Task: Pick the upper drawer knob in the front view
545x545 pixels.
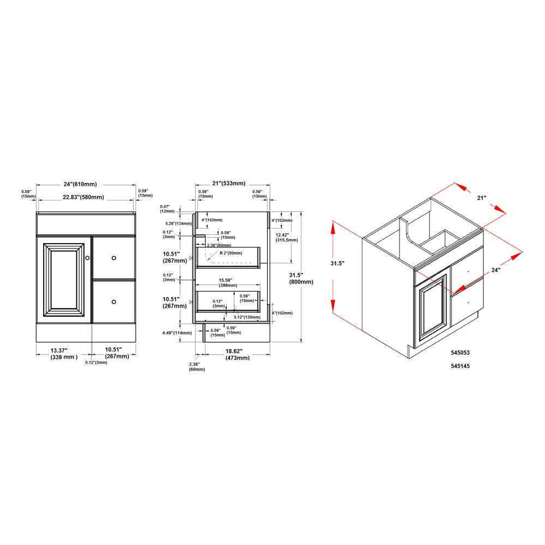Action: click(114, 258)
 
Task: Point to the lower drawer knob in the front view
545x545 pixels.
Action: click(114, 301)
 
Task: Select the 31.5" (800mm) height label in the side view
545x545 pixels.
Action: click(301, 278)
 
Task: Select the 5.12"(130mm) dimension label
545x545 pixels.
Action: click(246, 317)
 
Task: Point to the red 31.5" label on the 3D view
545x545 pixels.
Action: click(338, 263)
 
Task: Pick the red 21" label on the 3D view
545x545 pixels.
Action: click(482, 198)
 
